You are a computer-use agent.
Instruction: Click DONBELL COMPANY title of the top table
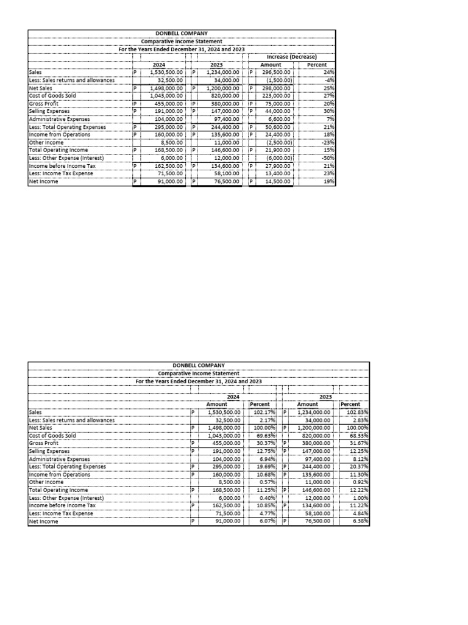[x=181, y=34]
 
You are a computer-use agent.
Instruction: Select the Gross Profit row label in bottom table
[x=44, y=443]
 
